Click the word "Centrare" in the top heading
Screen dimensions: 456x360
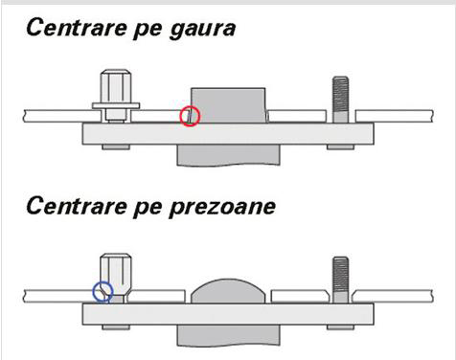point(77,28)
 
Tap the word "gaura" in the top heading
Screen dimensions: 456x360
point(203,30)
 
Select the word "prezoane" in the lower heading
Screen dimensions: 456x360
point(222,209)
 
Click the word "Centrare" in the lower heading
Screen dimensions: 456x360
point(77,206)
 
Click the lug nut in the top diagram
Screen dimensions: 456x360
point(116,96)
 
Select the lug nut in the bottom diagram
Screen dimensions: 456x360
point(116,277)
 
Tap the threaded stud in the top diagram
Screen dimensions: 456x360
point(341,100)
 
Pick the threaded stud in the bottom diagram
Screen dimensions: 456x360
point(341,280)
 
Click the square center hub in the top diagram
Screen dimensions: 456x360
point(228,105)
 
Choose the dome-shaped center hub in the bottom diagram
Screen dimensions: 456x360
point(228,291)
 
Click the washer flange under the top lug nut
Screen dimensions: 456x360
point(116,105)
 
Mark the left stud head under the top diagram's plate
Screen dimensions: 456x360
point(116,147)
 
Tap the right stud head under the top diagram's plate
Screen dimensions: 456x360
point(340,147)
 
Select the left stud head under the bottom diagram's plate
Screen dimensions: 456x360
point(116,327)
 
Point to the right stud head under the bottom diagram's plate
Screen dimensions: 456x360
point(340,327)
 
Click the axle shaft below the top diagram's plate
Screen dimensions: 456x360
point(229,155)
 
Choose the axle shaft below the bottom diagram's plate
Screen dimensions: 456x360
point(229,335)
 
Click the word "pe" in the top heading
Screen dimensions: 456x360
point(148,32)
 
